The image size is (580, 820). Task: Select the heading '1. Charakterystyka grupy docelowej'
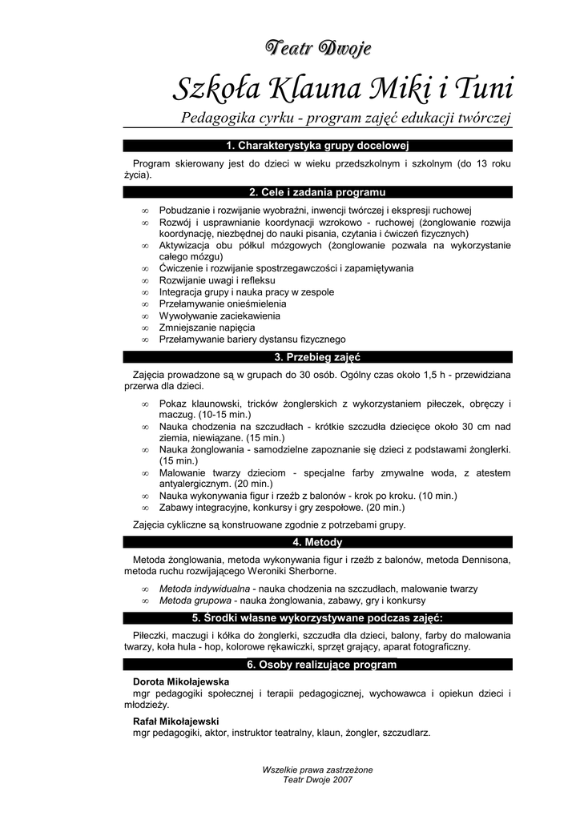click(318, 146)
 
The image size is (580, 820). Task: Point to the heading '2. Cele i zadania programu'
click(318, 193)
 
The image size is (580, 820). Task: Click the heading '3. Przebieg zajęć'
click(318, 357)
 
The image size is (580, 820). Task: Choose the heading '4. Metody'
click(318, 542)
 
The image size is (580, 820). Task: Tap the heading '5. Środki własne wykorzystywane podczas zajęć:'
click(318, 617)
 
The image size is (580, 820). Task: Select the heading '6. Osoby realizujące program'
click(318, 665)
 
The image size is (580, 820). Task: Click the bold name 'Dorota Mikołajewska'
click(180, 681)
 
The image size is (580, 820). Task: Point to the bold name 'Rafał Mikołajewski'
click(175, 721)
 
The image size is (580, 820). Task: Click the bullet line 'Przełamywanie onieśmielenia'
click(223, 304)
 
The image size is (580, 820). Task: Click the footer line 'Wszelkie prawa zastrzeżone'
click(318, 770)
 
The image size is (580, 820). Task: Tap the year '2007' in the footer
click(342, 779)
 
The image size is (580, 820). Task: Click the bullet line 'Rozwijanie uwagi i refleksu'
click(217, 281)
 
